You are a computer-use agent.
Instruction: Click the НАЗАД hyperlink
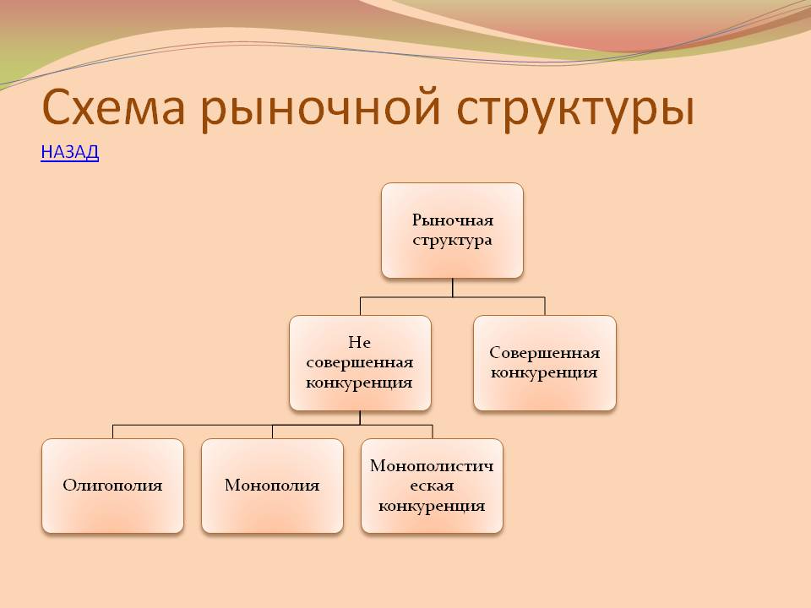click(x=70, y=152)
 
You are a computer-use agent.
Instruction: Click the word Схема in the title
click(x=113, y=108)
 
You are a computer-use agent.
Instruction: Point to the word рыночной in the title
click(x=320, y=109)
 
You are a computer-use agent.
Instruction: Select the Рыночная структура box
click(x=453, y=231)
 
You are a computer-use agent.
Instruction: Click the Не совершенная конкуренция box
click(x=360, y=363)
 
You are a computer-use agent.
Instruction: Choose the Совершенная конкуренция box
click(x=545, y=363)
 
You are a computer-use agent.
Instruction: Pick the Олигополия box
click(x=112, y=486)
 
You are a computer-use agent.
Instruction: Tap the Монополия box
click(x=272, y=486)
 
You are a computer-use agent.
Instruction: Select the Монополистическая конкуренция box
click(x=432, y=486)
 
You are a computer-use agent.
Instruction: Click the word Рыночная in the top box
click(x=453, y=220)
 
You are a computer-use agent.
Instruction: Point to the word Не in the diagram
click(x=360, y=342)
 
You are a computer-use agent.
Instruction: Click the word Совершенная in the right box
click(x=545, y=353)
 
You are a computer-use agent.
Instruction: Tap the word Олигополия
click(x=112, y=486)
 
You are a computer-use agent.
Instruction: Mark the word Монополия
click(x=272, y=486)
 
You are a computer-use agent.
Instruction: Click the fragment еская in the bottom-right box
click(x=432, y=486)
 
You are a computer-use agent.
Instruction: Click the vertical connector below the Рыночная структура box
click(x=453, y=287)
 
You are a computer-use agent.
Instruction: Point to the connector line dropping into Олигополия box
click(x=112, y=432)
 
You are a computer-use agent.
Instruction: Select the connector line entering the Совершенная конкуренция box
click(x=545, y=306)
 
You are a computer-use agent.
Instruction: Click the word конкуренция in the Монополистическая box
click(x=432, y=506)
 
